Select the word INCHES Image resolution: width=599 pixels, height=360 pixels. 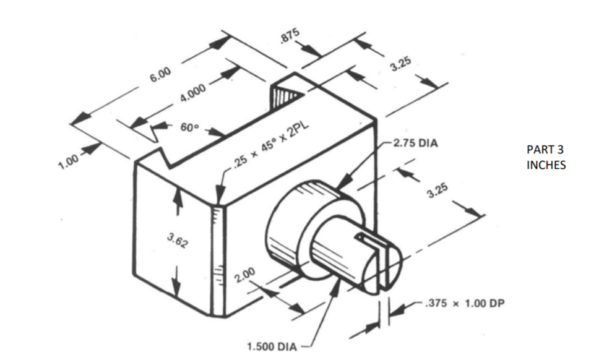click(546, 165)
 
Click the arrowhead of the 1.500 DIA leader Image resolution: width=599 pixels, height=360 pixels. click(337, 284)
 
